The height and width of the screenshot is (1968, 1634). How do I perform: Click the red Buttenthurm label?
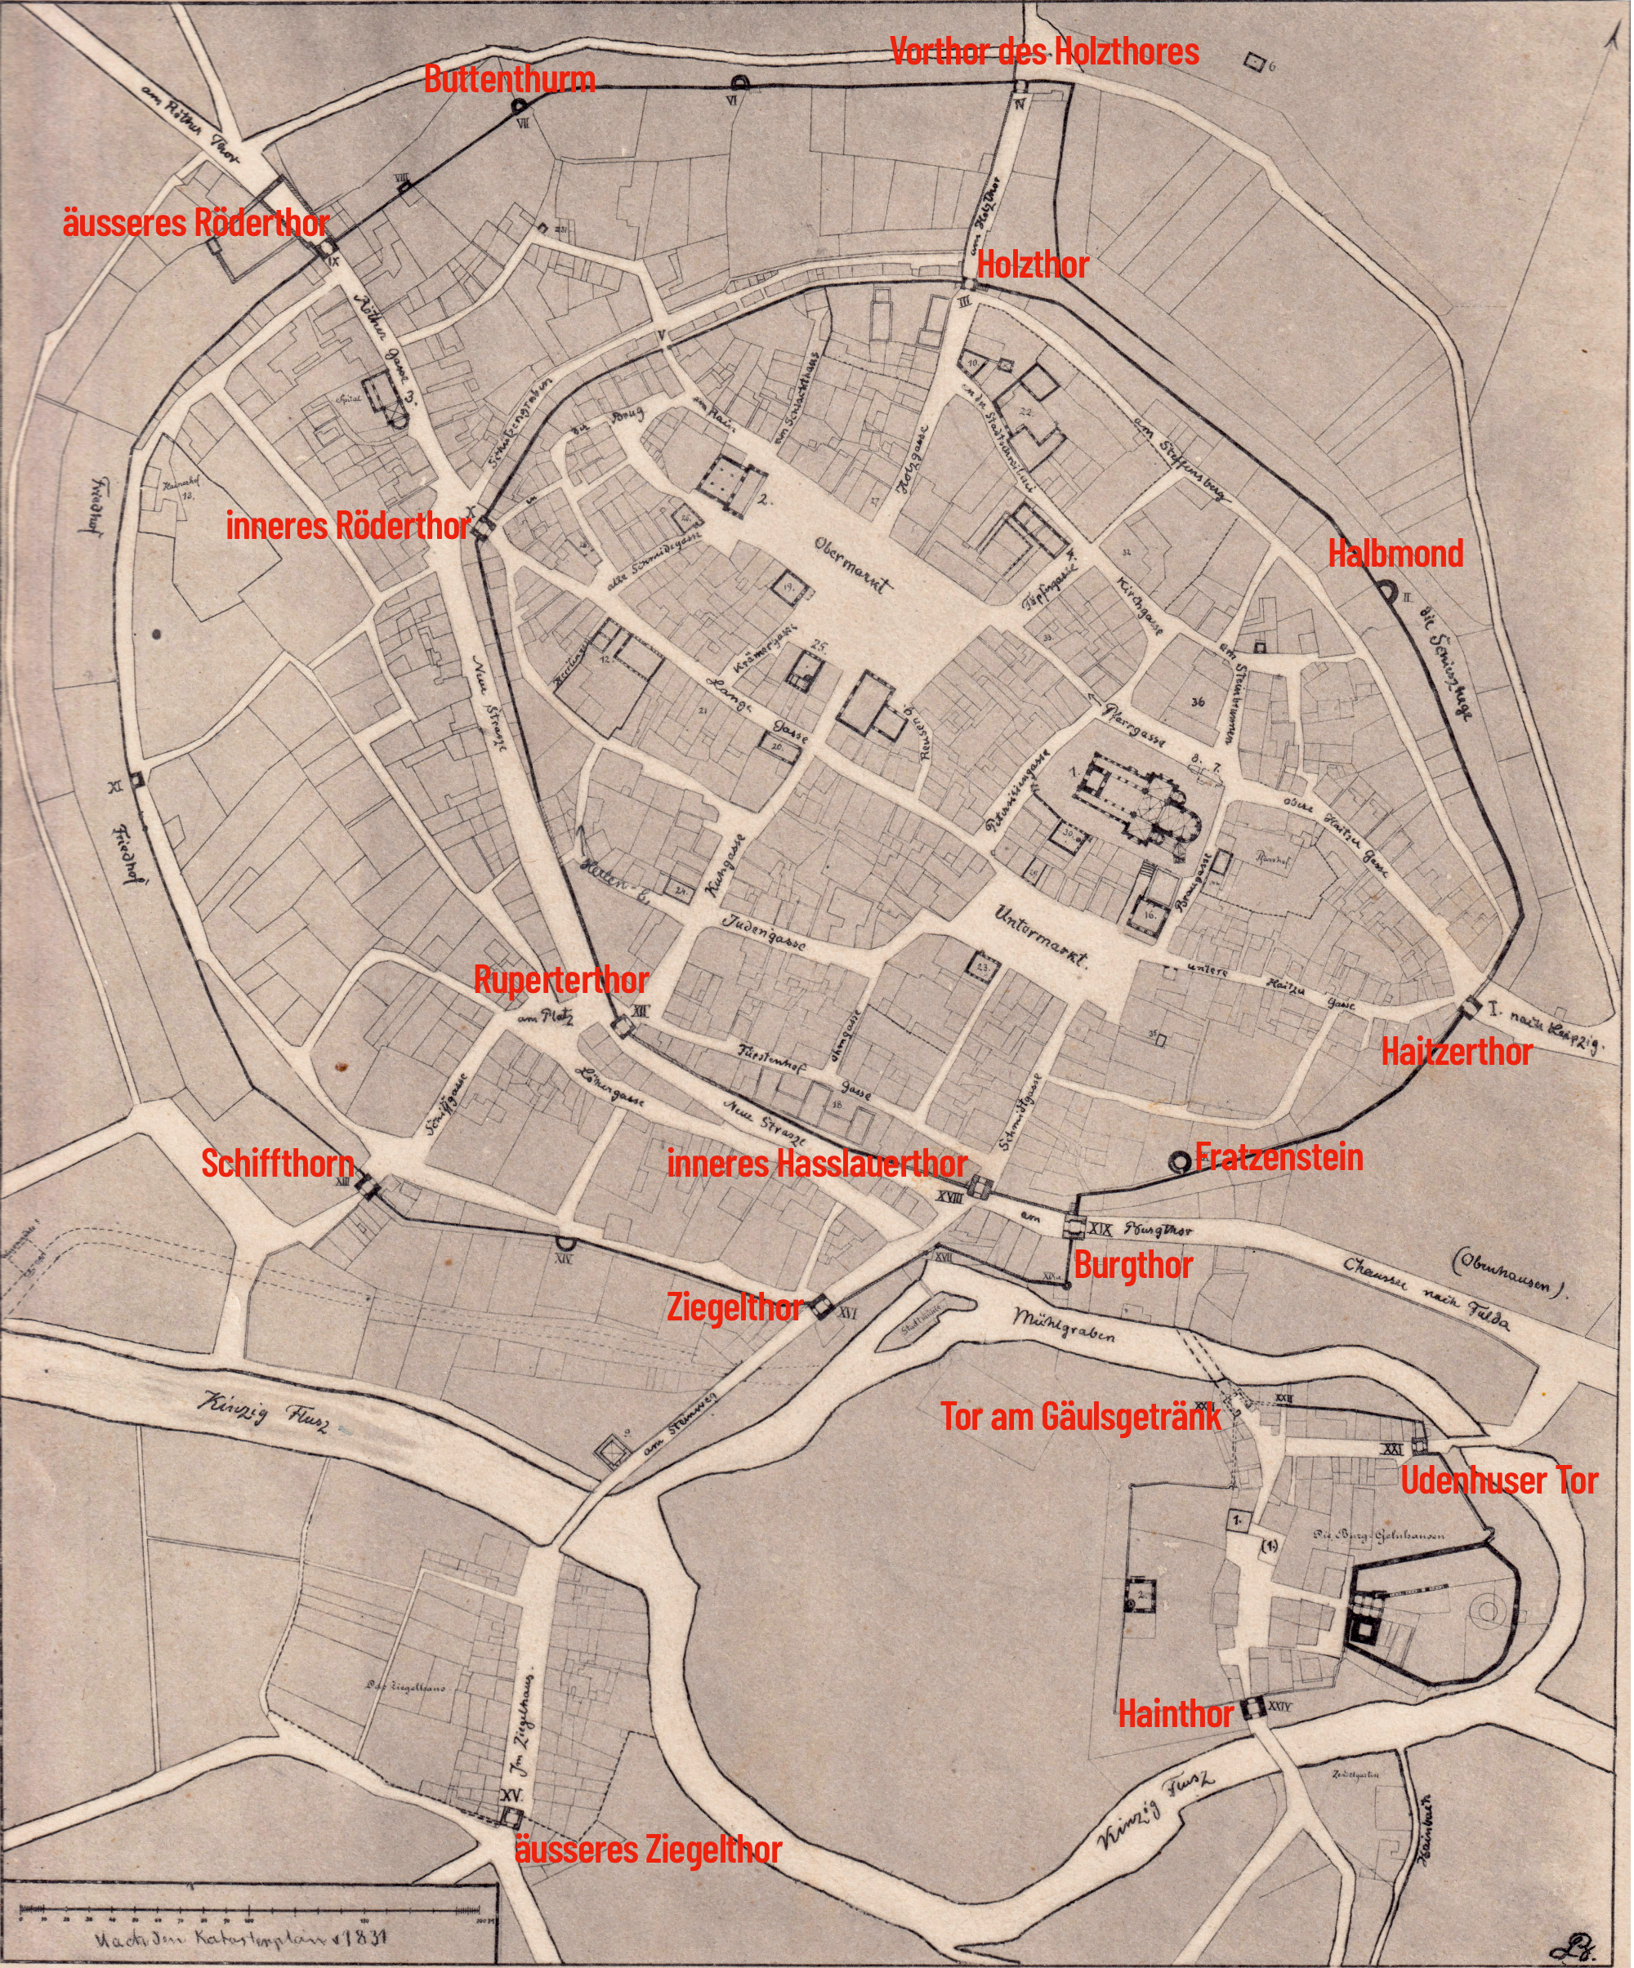click(509, 80)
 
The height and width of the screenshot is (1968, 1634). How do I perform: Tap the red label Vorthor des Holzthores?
click(1044, 51)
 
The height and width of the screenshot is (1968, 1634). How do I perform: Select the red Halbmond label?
click(1396, 554)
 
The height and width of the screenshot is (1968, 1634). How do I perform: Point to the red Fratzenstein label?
click(1279, 1158)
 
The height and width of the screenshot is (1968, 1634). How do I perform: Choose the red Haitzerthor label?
click(1457, 1052)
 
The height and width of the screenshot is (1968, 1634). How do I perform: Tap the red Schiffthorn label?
click(279, 1164)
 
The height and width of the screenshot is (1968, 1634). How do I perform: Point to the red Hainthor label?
click(1176, 1715)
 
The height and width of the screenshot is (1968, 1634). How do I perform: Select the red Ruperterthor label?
click(560, 982)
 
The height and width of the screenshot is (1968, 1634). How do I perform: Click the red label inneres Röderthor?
click(348, 527)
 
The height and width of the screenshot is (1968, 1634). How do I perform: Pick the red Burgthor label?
click(1132, 1266)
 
